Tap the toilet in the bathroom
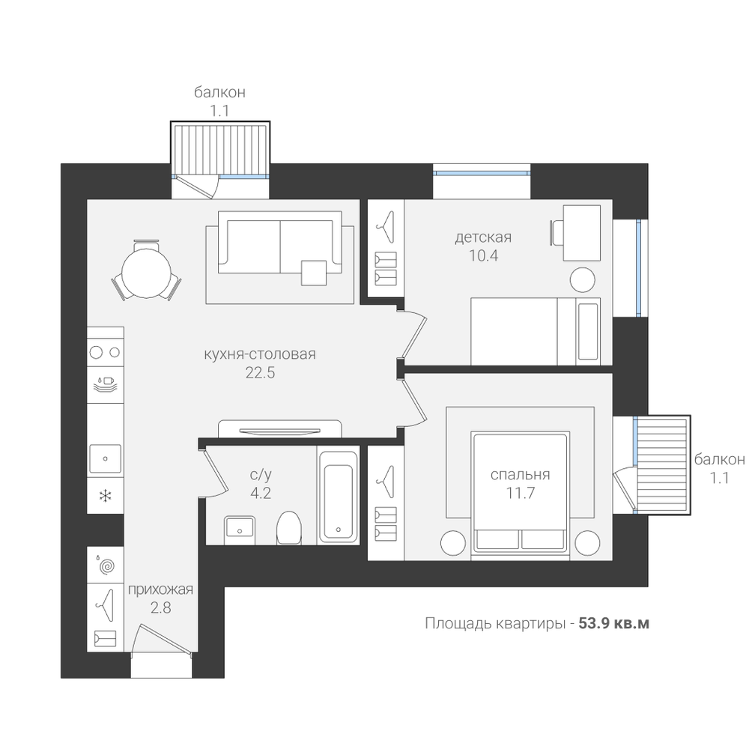point(289,527)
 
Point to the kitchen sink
point(105,458)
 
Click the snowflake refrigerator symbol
point(105,496)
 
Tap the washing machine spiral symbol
point(107,566)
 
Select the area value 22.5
point(261,372)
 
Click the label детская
point(483,237)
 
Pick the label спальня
point(521,474)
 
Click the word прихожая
point(160,589)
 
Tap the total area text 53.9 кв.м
point(614,623)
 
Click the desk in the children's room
point(582,233)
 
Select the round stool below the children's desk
point(582,279)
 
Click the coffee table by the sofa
point(315,273)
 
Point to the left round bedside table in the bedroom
point(453,543)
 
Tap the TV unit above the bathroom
point(280,428)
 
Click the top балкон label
point(219,92)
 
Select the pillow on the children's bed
point(588,331)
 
